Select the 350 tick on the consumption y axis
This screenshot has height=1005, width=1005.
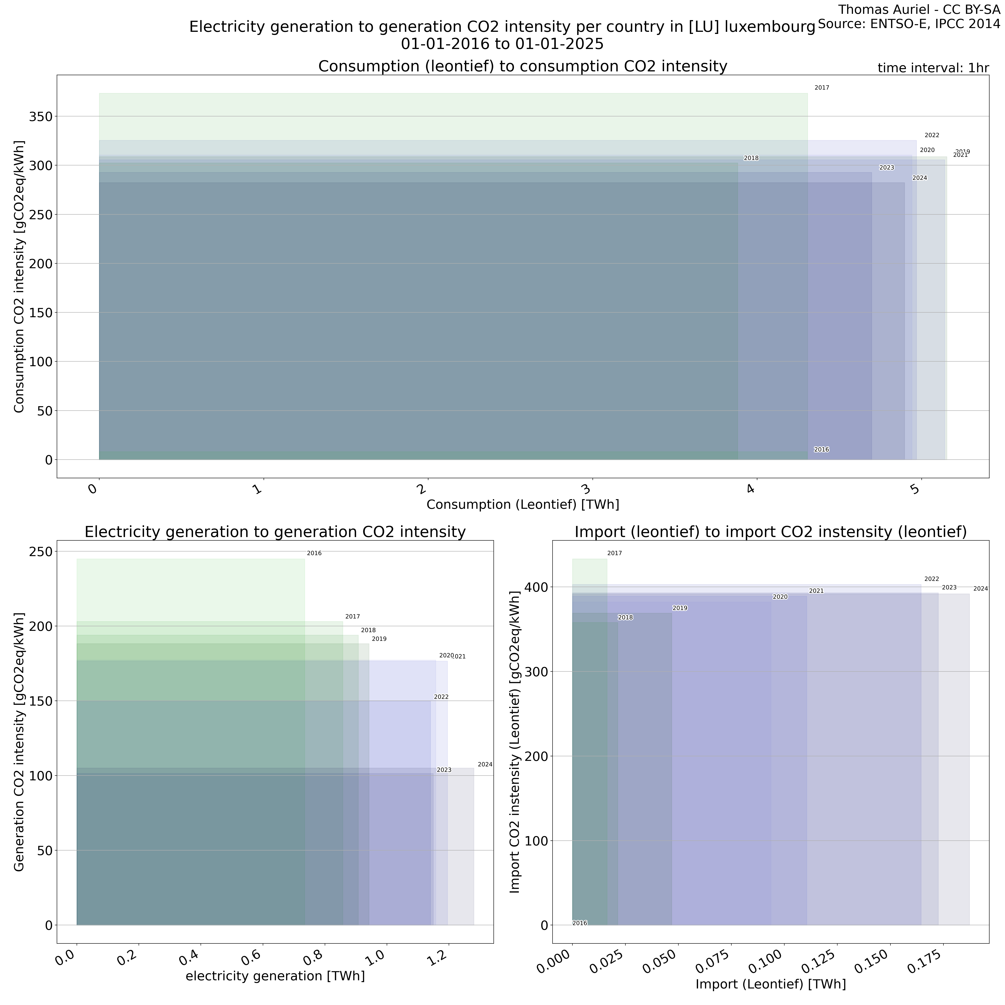(x=41, y=117)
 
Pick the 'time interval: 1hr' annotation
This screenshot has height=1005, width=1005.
(x=933, y=68)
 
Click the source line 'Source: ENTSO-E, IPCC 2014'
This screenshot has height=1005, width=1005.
(x=909, y=24)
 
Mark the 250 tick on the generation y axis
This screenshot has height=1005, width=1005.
(x=41, y=551)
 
